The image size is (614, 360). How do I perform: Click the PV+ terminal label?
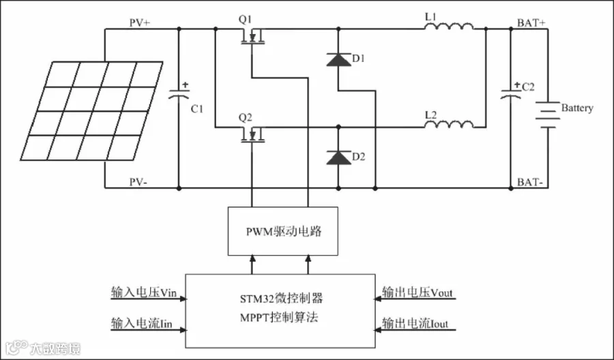[x=140, y=22]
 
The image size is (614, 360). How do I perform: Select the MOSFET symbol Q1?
[x=253, y=38]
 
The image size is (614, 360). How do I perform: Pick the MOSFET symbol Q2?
[x=253, y=135]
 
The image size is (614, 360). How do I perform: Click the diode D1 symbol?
[x=338, y=60]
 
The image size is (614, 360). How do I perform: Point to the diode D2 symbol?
[x=338, y=157]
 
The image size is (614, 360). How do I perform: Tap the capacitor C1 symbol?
[x=179, y=95]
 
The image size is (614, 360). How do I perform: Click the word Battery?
[x=577, y=108]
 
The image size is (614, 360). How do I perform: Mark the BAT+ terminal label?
[x=531, y=22]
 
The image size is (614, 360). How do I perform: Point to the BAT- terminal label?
[x=530, y=182]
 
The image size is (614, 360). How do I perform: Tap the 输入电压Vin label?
[x=148, y=292]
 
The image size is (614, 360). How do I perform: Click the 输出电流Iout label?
[x=415, y=323]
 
